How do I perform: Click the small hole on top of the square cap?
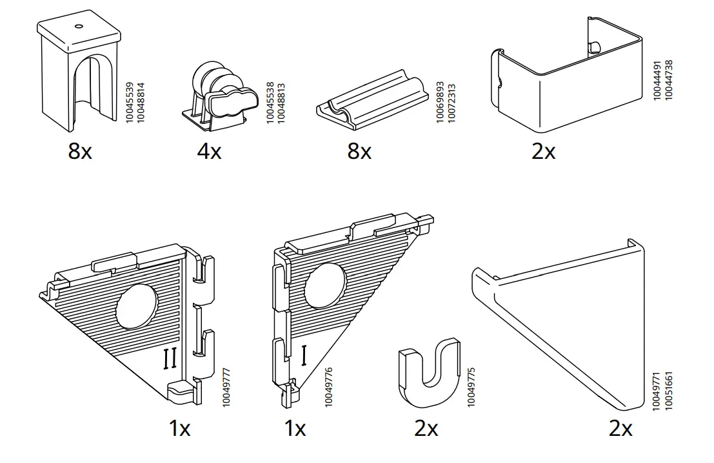79,26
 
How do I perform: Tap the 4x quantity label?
210,152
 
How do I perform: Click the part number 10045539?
129,103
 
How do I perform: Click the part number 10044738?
668,80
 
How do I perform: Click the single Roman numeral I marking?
303,355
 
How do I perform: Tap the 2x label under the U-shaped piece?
426,428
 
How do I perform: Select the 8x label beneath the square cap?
80,152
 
